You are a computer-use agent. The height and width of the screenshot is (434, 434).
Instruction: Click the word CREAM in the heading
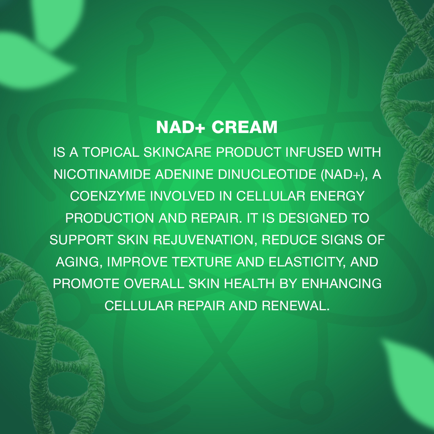click(x=244, y=127)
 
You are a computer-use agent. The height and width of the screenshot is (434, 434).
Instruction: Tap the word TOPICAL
click(x=111, y=152)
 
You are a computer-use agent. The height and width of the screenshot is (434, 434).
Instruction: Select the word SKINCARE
click(x=178, y=152)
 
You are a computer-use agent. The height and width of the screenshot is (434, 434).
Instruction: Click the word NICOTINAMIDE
click(x=102, y=174)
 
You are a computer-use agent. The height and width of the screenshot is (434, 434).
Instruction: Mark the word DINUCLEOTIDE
click(x=267, y=174)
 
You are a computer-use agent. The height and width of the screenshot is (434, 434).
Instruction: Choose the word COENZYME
click(x=108, y=196)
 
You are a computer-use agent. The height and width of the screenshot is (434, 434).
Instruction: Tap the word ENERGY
click(x=337, y=196)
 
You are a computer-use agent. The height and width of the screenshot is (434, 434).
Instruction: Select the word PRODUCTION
click(x=110, y=218)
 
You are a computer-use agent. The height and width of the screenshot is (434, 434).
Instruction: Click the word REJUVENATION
click(x=203, y=240)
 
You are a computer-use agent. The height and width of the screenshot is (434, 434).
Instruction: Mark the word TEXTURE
click(x=202, y=262)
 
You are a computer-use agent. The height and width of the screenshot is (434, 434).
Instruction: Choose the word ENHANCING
click(x=342, y=284)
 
